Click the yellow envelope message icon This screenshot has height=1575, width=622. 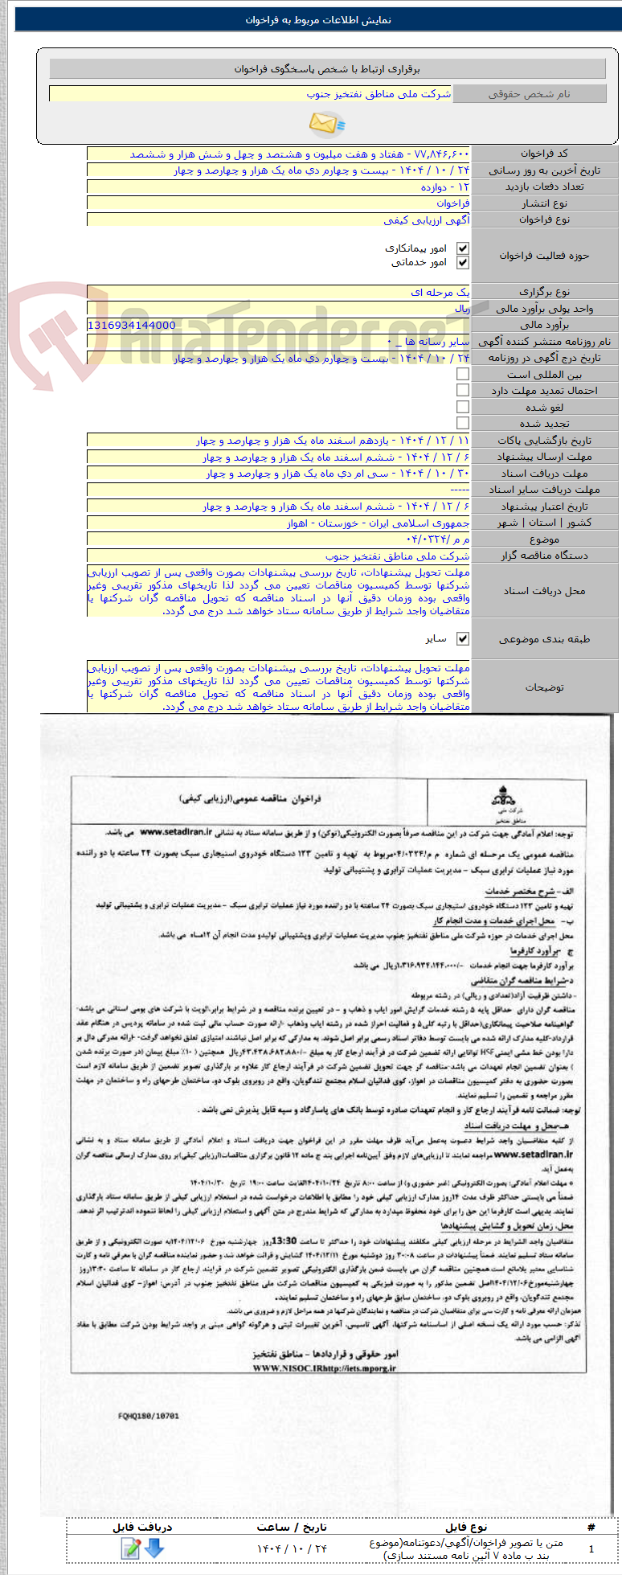pyautogui.click(x=326, y=123)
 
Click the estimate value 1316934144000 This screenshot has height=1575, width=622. pyautogui.click(x=131, y=325)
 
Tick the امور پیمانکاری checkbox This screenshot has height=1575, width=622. pyautogui.click(x=462, y=249)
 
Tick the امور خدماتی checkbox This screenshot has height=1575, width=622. pyautogui.click(x=462, y=263)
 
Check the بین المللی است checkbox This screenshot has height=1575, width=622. pyautogui.click(x=462, y=374)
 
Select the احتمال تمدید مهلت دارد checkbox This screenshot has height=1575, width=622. pyautogui.click(x=462, y=390)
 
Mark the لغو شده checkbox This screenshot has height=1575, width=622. pyautogui.click(x=462, y=407)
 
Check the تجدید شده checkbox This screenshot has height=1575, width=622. pyautogui.click(x=462, y=423)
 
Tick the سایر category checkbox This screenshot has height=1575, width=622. pyautogui.click(x=462, y=638)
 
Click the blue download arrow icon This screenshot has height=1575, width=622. pyautogui.click(x=153, y=1548)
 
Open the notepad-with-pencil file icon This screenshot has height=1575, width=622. pyautogui.click(x=130, y=1548)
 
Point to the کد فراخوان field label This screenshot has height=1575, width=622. pyautogui.click(x=544, y=154)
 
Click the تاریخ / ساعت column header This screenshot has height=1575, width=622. pyautogui.click(x=292, y=1526)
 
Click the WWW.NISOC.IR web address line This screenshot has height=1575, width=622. pyautogui.click(x=324, y=1367)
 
